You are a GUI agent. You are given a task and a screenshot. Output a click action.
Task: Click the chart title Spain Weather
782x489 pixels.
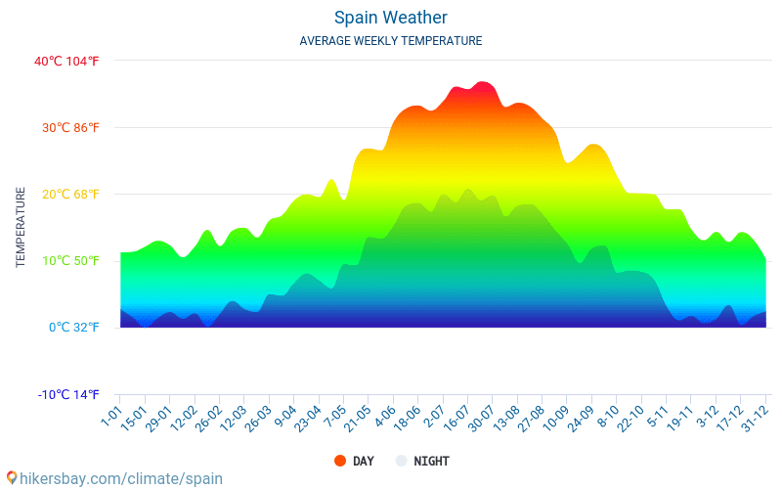(390, 18)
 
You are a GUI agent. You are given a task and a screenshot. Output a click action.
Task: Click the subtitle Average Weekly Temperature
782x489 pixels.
(390, 41)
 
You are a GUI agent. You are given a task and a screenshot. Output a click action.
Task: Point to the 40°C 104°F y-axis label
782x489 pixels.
(66, 61)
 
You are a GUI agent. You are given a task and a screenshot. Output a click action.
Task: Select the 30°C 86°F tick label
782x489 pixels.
(66, 127)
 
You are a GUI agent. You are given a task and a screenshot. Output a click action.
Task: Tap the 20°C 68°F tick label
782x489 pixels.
(66, 194)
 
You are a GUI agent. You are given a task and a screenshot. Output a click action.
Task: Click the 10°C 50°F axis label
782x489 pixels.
(66, 260)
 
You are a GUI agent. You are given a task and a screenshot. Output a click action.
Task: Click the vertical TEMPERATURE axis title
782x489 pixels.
(21, 228)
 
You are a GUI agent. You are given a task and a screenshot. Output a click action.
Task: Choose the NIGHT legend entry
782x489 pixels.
(421, 461)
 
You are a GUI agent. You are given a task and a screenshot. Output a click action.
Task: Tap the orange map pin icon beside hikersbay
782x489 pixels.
(11, 477)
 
